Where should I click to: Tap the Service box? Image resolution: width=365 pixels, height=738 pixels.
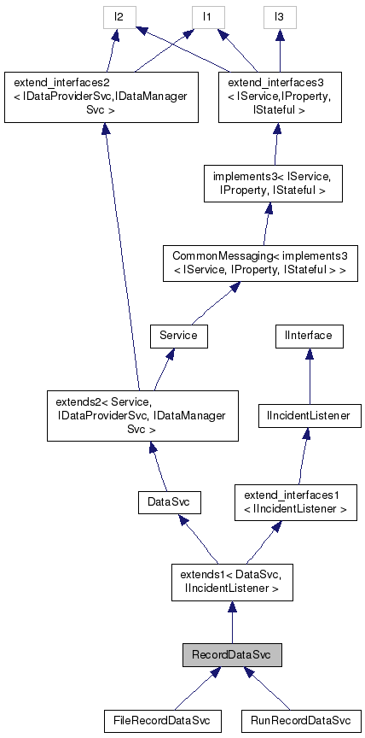click(178, 336)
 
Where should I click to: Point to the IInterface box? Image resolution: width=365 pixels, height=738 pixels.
click(309, 336)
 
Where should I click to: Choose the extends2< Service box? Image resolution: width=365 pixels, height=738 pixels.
click(142, 416)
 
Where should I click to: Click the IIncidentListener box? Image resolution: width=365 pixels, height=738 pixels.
click(309, 416)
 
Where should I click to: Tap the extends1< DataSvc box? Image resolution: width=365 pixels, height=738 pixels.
click(232, 581)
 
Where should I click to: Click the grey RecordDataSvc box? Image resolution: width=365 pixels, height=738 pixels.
click(231, 655)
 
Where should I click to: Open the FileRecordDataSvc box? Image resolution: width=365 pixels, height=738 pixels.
click(161, 721)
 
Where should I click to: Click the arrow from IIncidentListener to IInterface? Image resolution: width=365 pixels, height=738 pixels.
click(309, 376)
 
